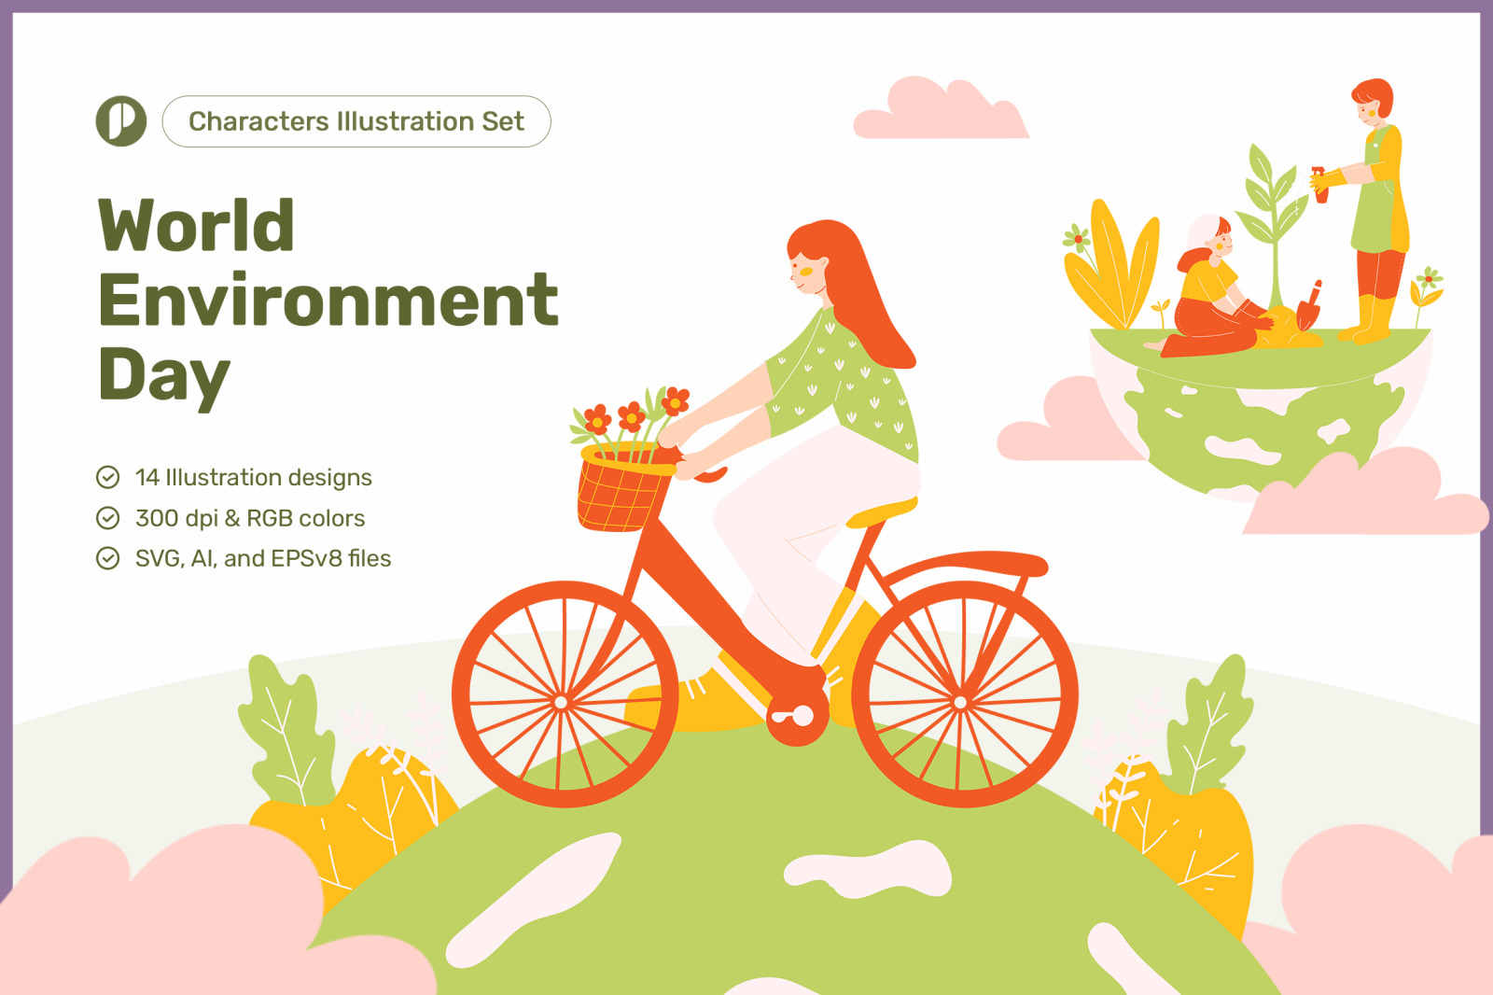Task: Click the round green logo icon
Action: tap(121, 120)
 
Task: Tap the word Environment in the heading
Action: tap(328, 300)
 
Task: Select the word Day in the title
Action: tap(164, 375)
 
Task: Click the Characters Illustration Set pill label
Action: tap(356, 121)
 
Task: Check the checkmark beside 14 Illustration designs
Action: tap(108, 478)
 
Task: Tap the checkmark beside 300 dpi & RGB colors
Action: tap(108, 518)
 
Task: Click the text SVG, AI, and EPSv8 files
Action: tap(263, 559)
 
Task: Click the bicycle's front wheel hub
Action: tap(561, 702)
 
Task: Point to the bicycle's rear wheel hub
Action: tap(960, 702)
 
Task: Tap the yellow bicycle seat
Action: tap(881, 512)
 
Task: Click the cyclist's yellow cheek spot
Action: tap(806, 272)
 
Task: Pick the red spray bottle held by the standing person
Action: tap(1319, 185)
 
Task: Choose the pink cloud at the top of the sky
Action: tap(941, 109)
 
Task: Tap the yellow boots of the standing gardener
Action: tap(1370, 319)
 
